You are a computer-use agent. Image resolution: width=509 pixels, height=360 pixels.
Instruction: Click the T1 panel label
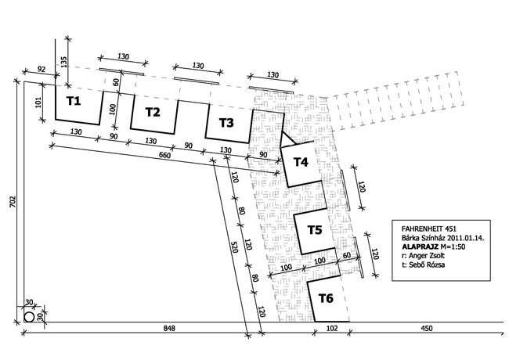74,101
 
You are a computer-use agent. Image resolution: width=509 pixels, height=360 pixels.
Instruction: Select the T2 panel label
153,112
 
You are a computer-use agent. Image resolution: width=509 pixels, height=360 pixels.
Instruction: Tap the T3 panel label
226,123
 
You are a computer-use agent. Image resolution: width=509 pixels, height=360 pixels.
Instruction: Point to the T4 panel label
301,162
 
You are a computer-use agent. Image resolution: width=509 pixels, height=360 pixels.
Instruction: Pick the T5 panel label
315,230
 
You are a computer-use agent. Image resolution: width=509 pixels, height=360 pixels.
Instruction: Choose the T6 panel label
326,298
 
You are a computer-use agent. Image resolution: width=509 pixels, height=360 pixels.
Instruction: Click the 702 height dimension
13,202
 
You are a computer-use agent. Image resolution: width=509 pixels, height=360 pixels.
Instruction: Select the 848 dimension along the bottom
169,328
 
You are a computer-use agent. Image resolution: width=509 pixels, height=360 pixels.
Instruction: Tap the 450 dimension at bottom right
427,328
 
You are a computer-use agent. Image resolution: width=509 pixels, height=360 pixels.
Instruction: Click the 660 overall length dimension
164,156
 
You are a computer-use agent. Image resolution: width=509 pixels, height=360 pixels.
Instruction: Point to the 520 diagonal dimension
234,247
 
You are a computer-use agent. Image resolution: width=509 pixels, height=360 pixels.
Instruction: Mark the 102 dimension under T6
331,328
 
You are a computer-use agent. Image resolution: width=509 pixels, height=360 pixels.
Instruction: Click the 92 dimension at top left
42,69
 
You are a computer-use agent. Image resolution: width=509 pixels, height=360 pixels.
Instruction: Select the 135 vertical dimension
63,62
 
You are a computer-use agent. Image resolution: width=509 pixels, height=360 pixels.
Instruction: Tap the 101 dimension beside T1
38,103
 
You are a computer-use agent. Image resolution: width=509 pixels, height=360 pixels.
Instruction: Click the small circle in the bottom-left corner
29,317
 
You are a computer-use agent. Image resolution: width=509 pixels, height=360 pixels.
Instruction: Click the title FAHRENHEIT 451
429,229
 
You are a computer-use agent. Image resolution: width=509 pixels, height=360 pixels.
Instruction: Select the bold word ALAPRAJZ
418,247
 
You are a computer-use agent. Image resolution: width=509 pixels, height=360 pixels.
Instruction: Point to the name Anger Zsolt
427,256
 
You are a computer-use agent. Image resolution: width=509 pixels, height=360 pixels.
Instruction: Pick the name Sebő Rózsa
427,265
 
